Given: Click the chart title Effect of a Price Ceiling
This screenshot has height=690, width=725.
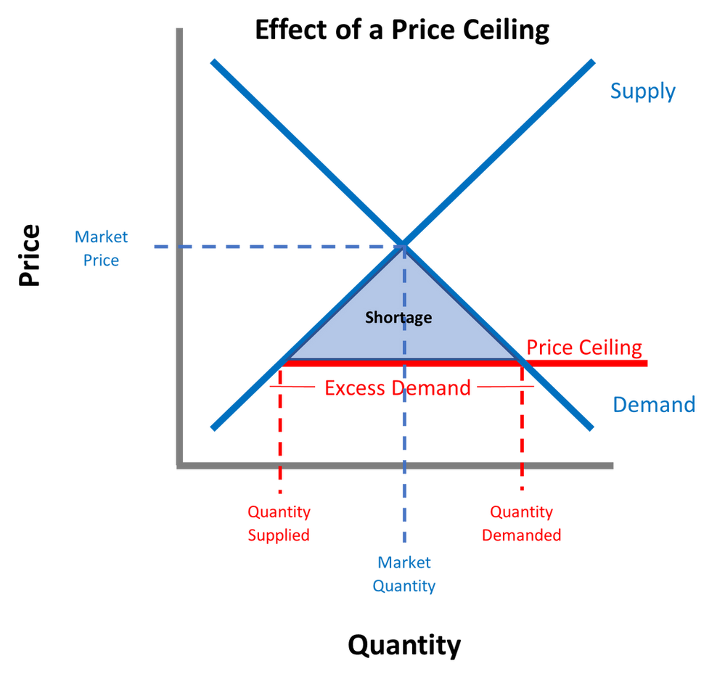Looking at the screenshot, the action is [402, 30].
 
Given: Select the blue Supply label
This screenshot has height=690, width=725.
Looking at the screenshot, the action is [643, 91].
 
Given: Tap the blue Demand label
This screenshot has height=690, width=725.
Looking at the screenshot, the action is [654, 404].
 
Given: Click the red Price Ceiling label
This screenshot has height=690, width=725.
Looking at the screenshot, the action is [584, 348].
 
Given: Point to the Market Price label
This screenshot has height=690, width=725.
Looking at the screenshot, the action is [102, 249].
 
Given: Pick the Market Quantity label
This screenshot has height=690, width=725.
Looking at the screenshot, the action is [404, 574].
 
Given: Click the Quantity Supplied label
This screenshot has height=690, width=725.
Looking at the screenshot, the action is [279, 524].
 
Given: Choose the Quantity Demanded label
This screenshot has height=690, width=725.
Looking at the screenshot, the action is [522, 524].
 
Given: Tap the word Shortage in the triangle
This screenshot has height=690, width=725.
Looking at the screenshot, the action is [398, 318].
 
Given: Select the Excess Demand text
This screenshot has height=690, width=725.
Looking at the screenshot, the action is [398, 387].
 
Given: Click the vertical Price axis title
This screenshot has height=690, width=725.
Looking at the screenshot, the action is [29, 255].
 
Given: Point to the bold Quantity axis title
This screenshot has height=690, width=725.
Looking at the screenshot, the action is [404, 645].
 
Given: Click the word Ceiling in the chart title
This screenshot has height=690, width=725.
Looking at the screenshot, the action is [506, 30].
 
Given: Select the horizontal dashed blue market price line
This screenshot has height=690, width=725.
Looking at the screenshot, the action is [279, 247].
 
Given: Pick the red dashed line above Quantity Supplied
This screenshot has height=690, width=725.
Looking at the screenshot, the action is [280, 428].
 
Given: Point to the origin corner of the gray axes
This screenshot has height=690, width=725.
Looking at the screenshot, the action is [180, 466].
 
